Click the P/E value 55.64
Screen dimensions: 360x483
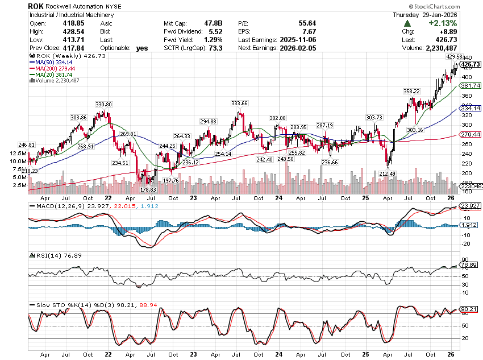(307, 23)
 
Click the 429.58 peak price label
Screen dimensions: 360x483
(455, 57)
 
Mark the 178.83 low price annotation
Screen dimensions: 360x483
(148, 189)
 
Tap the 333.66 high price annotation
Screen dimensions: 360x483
(239, 104)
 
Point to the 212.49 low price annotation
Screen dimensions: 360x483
(386, 173)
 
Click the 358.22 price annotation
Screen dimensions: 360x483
(411, 91)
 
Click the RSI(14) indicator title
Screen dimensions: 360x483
(43, 256)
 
